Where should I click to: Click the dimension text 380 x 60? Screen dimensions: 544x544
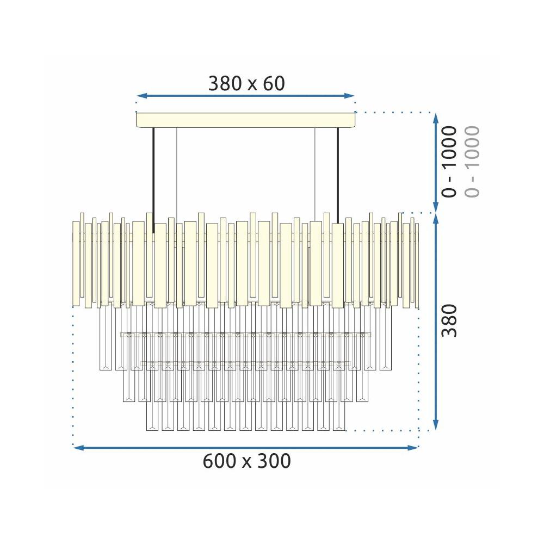[246, 84]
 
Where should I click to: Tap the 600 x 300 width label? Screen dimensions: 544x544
[246, 461]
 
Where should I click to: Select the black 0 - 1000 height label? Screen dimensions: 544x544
[449, 162]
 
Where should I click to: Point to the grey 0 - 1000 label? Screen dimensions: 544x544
[472, 162]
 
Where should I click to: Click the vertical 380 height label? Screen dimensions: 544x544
[449, 320]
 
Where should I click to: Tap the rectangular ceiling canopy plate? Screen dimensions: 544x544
[246, 120]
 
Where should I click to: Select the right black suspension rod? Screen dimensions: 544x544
[338, 176]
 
